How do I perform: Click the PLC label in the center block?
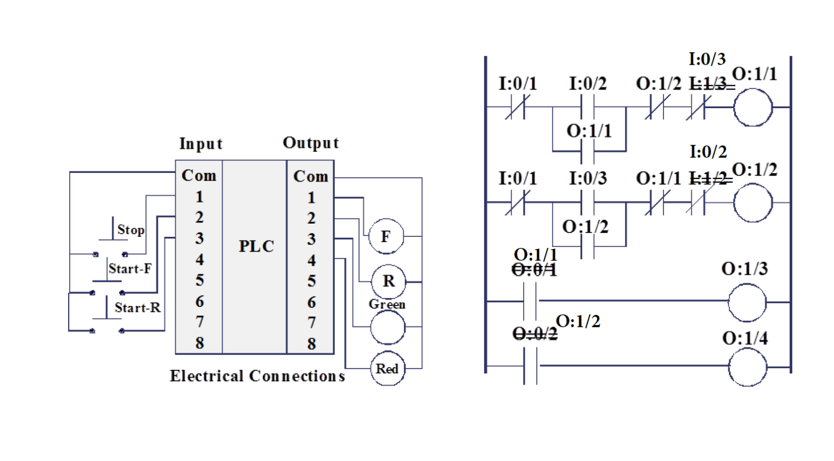point(256,246)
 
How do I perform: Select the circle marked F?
point(386,236)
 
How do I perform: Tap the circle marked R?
point(388,281)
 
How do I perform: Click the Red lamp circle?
point(387,369)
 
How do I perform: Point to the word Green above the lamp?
point(387,304)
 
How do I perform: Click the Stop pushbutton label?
point(130,230)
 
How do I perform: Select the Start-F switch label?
point(130,268)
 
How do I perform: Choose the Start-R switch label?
point(137,308)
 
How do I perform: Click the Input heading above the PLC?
point(201,143)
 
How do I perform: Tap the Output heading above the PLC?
point(310,143)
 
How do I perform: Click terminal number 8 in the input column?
point(200,343)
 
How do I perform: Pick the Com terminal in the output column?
point(310,176)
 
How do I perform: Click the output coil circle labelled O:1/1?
point(753,108)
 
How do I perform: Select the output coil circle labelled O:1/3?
point(747,302)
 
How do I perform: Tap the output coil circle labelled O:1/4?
point(747,367)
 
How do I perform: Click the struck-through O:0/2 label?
point(534,334)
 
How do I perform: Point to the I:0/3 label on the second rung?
point(587,178)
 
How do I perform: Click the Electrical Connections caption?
point(257,376)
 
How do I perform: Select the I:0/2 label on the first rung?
point(587,83)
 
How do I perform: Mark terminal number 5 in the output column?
point(311,281)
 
